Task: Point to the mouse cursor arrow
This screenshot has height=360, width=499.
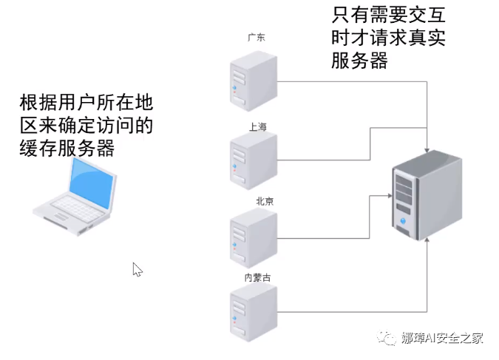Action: click(x=137, y=270)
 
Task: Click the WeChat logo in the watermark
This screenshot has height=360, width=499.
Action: click(x=389, y=338)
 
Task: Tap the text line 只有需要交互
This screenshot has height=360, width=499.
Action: click(x=390, y=15)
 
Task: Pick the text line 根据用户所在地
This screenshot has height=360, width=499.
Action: click(x=86, y=102)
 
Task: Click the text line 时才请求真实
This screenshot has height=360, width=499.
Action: click(x=390, y=38)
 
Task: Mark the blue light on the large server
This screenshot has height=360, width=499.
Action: click(x=404, y=220)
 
